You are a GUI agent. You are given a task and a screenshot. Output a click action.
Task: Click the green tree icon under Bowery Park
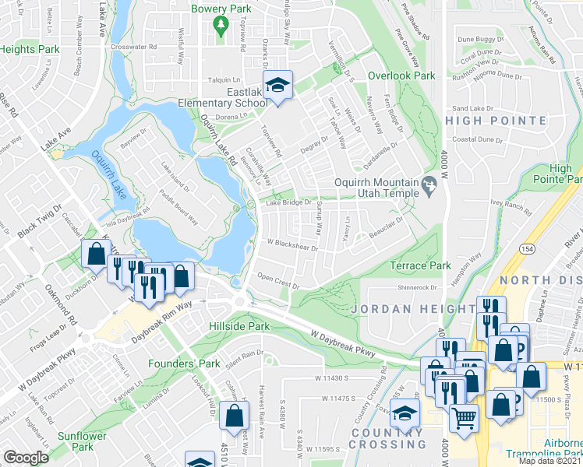coord(221,26)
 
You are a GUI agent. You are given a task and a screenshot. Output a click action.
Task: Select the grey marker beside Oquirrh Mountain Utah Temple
coord(428,185)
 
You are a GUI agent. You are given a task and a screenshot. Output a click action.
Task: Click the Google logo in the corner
coord(26,458)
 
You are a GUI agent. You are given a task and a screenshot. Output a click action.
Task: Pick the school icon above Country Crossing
coord(405,413)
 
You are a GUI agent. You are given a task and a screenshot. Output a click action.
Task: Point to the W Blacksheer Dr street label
coord(293,247)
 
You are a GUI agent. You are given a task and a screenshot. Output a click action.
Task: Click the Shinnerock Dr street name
coord(419,286)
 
